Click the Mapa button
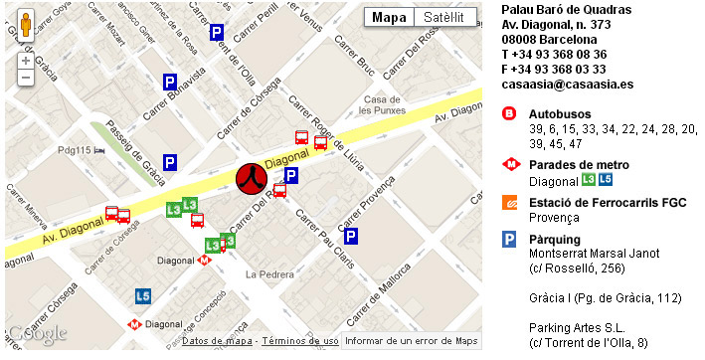[x=389, y=18]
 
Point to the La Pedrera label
[x=265, y=273]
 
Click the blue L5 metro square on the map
[x=144, y=295]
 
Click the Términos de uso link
[x=299, y=341]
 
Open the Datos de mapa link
[x=218, y=341]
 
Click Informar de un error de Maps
[x=411, y=341]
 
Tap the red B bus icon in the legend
[x=509, y=114]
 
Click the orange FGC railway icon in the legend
[x=509, y=202]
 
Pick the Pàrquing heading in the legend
[x=555, y=239]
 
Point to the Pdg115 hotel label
[x=75, y=150]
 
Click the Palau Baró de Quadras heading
[x=566, y=10]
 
